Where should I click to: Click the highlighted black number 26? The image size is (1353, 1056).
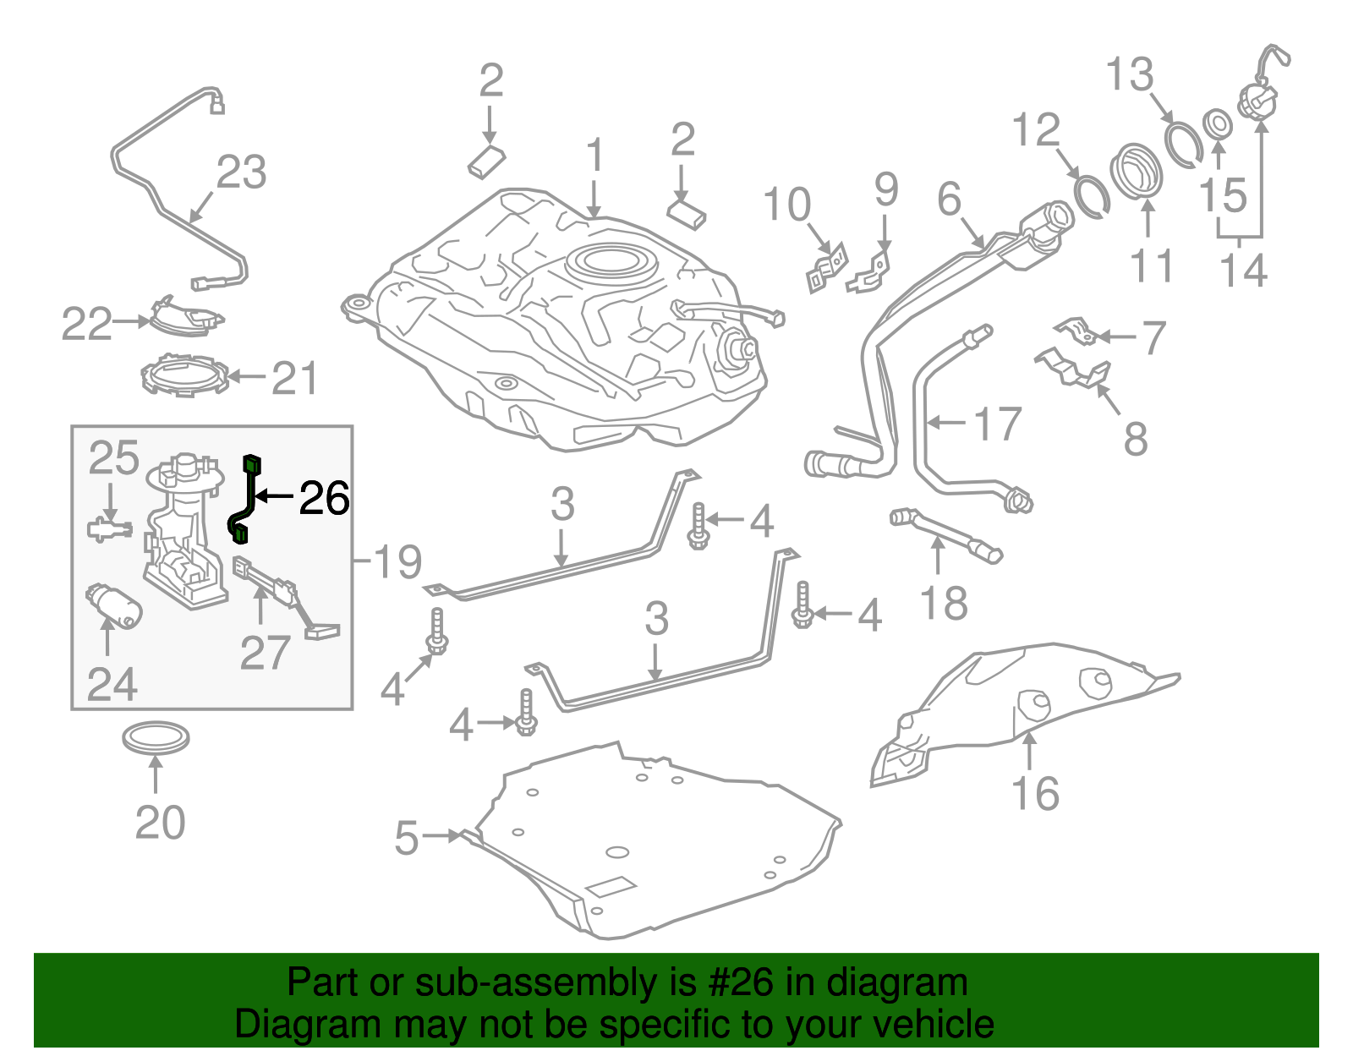click(325, 499)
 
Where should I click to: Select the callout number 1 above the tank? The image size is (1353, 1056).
click(595, 156)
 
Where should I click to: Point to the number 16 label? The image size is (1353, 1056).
click(1034, 793)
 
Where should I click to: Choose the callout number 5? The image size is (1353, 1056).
click(407, 838)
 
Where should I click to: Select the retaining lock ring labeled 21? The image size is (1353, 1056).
click(184, 376)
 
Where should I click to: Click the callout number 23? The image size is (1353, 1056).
click(242, 173)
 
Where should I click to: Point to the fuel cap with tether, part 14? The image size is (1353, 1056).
click(1257, 97)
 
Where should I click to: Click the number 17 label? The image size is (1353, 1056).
click(998, 424)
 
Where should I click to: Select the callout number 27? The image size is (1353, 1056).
click(265, 652)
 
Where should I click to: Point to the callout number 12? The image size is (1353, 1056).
click(1036, 130)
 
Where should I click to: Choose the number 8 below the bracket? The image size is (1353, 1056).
click(1136, 439)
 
